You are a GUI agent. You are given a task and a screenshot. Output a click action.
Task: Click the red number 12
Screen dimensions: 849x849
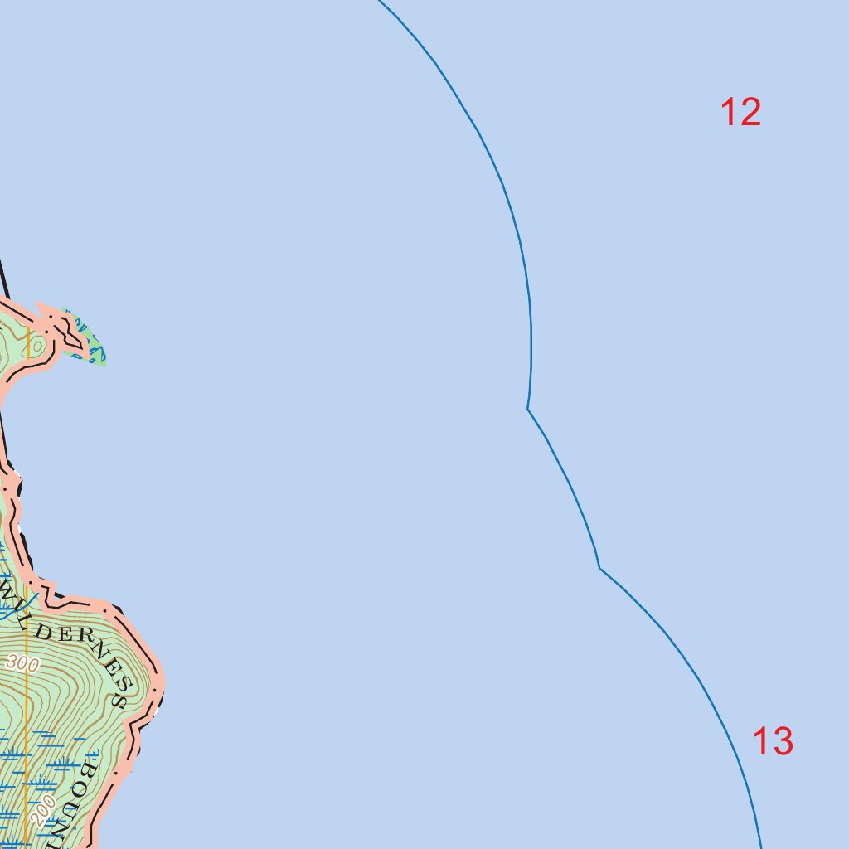coord(740,112)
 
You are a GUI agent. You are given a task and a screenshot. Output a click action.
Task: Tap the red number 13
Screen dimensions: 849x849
coord(773,741)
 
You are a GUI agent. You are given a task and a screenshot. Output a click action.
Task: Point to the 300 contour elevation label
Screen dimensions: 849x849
coord(22,662)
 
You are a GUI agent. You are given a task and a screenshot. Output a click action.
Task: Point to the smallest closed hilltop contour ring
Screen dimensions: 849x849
coord(36,344)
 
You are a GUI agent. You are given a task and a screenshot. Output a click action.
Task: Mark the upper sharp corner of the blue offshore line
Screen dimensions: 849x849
coord(528,409)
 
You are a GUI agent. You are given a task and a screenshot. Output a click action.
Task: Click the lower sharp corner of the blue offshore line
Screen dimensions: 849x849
coord(599,568)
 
